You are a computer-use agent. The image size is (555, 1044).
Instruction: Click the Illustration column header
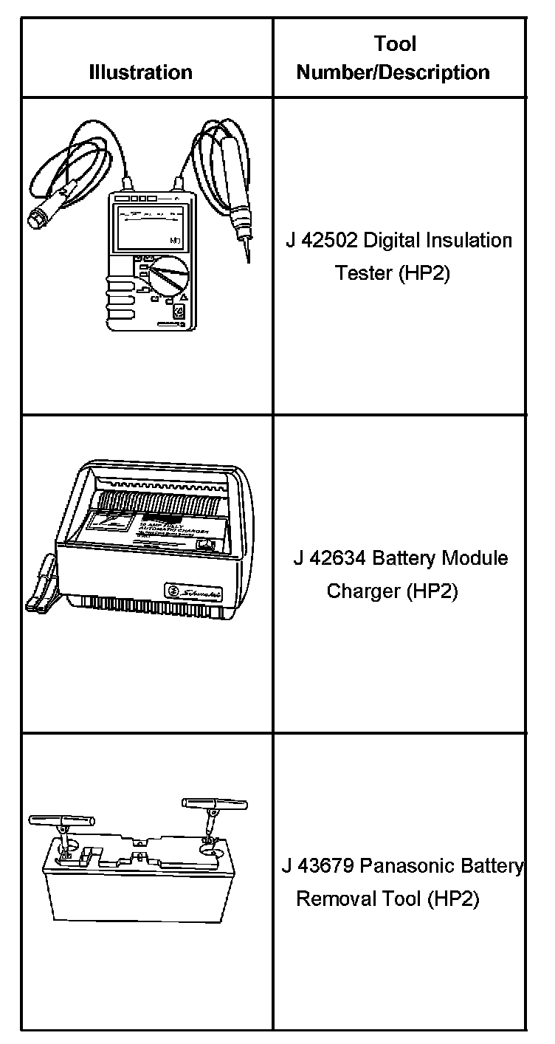coord(140,72)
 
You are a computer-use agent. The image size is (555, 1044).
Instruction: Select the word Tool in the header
coord(396,44)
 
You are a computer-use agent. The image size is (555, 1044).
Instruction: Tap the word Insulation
coord(472,241)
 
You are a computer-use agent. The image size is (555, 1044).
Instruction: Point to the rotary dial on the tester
coord(168,277)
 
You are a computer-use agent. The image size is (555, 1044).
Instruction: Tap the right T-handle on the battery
coord(214,803)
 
